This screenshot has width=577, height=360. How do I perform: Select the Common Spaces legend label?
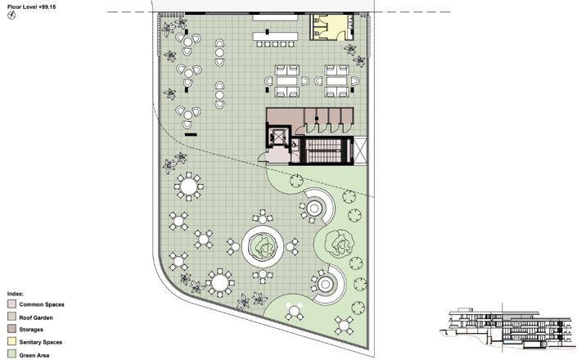click(x=42, y=304)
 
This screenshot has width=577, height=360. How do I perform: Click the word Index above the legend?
click(x=14, y=292)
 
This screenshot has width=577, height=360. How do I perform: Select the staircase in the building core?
click(x=326, y=151)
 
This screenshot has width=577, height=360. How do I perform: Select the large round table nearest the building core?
click(x=190, y=187)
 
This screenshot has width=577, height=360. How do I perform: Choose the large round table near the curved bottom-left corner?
click(x=220, y=283)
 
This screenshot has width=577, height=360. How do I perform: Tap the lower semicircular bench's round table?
click(x=326, y=284)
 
